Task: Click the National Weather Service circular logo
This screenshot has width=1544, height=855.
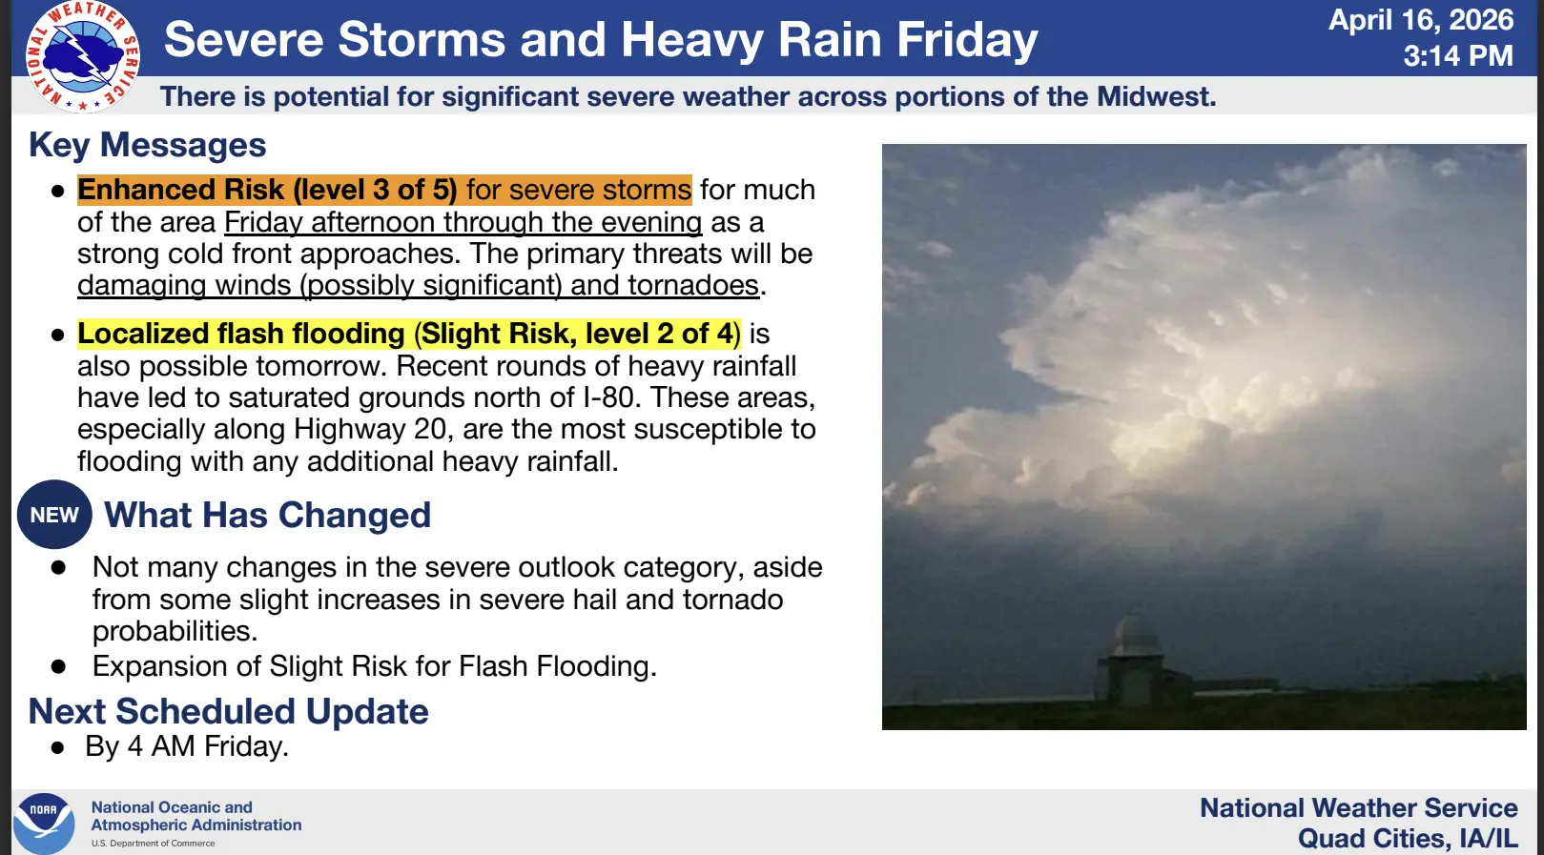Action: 83,56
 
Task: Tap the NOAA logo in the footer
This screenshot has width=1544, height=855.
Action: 44,824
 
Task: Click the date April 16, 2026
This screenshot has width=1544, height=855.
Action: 1421,20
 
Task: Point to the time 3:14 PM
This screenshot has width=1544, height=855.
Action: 1458,56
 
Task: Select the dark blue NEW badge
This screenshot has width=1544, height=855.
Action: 54,515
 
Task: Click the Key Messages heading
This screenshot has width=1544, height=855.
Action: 148,146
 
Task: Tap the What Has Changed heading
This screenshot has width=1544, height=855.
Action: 267,516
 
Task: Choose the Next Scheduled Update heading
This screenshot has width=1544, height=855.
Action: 228,711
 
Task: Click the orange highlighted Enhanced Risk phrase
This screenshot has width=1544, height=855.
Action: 384,190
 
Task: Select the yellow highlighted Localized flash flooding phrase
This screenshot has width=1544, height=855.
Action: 409,335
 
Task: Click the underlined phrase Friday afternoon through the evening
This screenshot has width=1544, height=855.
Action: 463,222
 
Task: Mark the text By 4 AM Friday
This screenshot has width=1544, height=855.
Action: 187,747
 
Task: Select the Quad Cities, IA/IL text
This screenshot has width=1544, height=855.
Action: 1408,839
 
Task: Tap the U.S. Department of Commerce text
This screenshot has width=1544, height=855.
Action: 153,844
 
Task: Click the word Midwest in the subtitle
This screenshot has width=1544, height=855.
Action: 1155,96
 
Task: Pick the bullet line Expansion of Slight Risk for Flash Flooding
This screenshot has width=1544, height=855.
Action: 374,667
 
